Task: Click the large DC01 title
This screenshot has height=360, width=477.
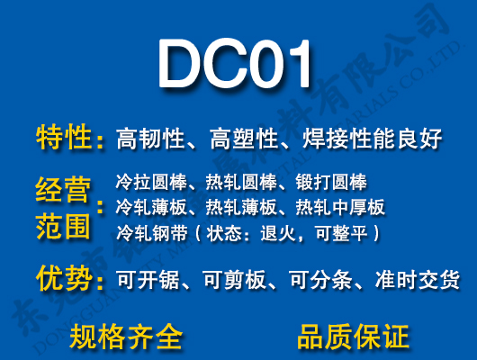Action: (x=238, y=66)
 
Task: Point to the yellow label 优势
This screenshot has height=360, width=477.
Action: (x=65, y=278)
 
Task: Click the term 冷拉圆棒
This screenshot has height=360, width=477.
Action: (x=147, y=182)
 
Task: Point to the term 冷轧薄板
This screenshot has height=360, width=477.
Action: (x=147, y=207)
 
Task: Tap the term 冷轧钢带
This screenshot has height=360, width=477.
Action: (x=147, y=233)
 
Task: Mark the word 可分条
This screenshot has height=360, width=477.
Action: (x=328, y=280)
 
